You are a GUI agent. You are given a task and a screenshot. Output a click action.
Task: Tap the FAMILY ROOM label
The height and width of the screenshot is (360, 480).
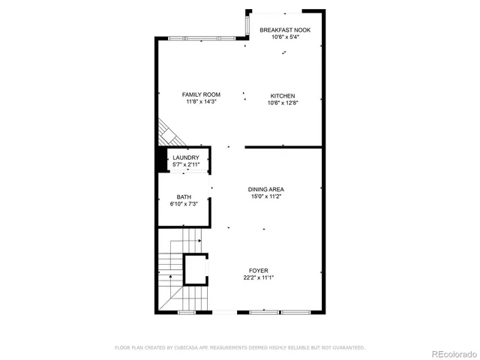201,94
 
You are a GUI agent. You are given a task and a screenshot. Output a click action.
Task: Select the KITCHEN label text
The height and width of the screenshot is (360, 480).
283,95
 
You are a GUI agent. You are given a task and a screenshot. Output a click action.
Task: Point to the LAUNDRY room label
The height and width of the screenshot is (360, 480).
185,157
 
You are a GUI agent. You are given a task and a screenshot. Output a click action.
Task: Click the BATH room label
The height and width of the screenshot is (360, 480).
184,197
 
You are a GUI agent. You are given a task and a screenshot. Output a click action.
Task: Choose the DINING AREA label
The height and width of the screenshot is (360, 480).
266,189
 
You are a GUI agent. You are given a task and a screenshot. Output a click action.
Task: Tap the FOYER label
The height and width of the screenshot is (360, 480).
259,271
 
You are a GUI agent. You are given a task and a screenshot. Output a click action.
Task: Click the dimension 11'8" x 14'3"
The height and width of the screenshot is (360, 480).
201,102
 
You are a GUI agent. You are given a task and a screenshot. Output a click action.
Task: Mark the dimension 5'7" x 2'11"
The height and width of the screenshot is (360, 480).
185,164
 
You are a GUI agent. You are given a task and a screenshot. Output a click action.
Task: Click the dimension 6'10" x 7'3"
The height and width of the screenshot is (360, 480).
184,204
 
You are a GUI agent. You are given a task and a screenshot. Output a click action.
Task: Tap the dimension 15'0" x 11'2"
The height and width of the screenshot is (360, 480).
266,196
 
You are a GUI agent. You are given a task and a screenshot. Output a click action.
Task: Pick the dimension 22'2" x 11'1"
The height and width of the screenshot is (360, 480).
259,277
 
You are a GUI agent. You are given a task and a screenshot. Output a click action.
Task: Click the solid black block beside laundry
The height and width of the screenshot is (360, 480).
160,159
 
